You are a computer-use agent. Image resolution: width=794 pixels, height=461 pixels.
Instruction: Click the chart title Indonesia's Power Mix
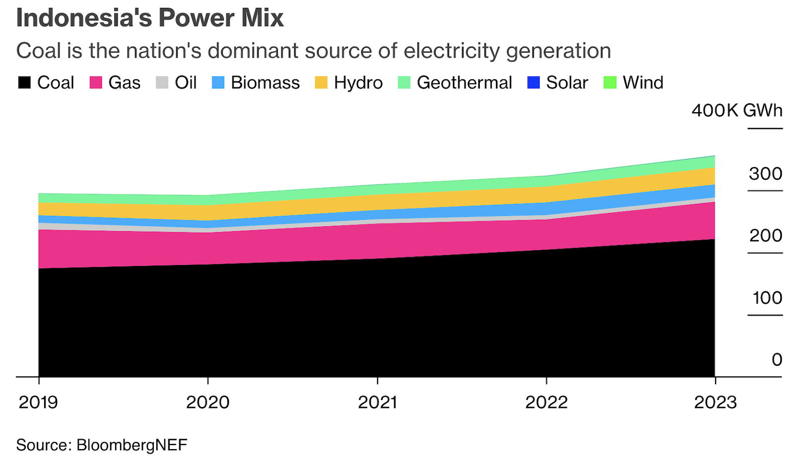(x=150, y=18)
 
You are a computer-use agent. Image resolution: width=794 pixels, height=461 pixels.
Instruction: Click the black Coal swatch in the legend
(x=24, y=82)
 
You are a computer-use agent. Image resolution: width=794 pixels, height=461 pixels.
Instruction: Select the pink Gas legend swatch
(x=96, y=82)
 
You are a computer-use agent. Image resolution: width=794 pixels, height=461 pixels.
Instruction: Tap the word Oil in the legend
(x=186, y=82)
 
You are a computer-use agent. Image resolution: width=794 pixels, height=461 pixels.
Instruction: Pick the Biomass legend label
(x=265, y=82)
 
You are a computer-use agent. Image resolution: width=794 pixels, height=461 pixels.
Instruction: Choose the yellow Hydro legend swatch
(x=321, y=82)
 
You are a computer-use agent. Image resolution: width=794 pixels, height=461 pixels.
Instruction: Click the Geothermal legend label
(x=464, y=82)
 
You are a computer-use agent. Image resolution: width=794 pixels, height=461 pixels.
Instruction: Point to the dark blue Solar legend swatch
(x=533, y=82)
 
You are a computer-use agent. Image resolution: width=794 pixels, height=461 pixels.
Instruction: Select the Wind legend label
(x=643, y=82)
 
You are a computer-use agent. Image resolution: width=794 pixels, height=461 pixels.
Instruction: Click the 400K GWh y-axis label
(x=737, y=110)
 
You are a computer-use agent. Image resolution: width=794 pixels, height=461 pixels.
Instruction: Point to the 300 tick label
(x=765, y=174)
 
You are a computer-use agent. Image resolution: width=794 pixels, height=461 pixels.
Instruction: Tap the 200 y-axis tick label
(x=765, y=236)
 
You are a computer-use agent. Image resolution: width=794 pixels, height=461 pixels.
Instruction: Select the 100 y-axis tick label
(x=767, y=298)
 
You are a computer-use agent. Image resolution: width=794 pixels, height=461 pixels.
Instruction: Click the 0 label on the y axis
(x=777, y=360)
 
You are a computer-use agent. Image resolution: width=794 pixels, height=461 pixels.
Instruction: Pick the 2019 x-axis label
(x=38, y=402)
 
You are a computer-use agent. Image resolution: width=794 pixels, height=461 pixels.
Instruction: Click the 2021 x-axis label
(x=378, y=402)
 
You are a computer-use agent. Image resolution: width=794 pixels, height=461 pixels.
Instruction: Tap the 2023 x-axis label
(x=715, y=402)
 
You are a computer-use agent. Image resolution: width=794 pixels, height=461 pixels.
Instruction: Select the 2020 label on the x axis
(x=207, y=402)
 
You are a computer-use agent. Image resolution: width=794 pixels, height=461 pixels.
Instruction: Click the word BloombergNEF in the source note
(x=132, y=445)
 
